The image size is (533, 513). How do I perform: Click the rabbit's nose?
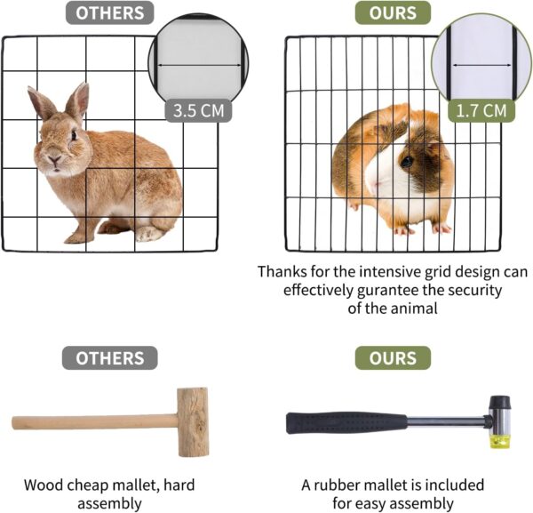[54, 158]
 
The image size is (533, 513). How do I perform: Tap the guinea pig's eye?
[407, 161]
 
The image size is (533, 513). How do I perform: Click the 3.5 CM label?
[198, 110]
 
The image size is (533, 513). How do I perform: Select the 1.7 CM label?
[481, 110]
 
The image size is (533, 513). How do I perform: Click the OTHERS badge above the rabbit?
[110, 13]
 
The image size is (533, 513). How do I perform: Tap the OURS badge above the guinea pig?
[393, 13]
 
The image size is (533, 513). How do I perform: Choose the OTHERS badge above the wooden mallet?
[110, 358]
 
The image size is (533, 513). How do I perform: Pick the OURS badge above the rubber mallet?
[393, 358]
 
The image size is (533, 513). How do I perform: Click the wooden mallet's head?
[193, 422]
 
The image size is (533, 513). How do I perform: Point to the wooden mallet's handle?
[95, 421]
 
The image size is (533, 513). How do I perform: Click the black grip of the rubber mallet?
[346, 423]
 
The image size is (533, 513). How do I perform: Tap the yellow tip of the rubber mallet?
[499, 442]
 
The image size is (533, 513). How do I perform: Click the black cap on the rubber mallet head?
[499, 403]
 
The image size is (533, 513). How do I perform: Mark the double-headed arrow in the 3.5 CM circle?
[200, 65]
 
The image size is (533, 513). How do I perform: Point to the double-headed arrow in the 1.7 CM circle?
[481, 65]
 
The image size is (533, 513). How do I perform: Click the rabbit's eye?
[74, 135]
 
